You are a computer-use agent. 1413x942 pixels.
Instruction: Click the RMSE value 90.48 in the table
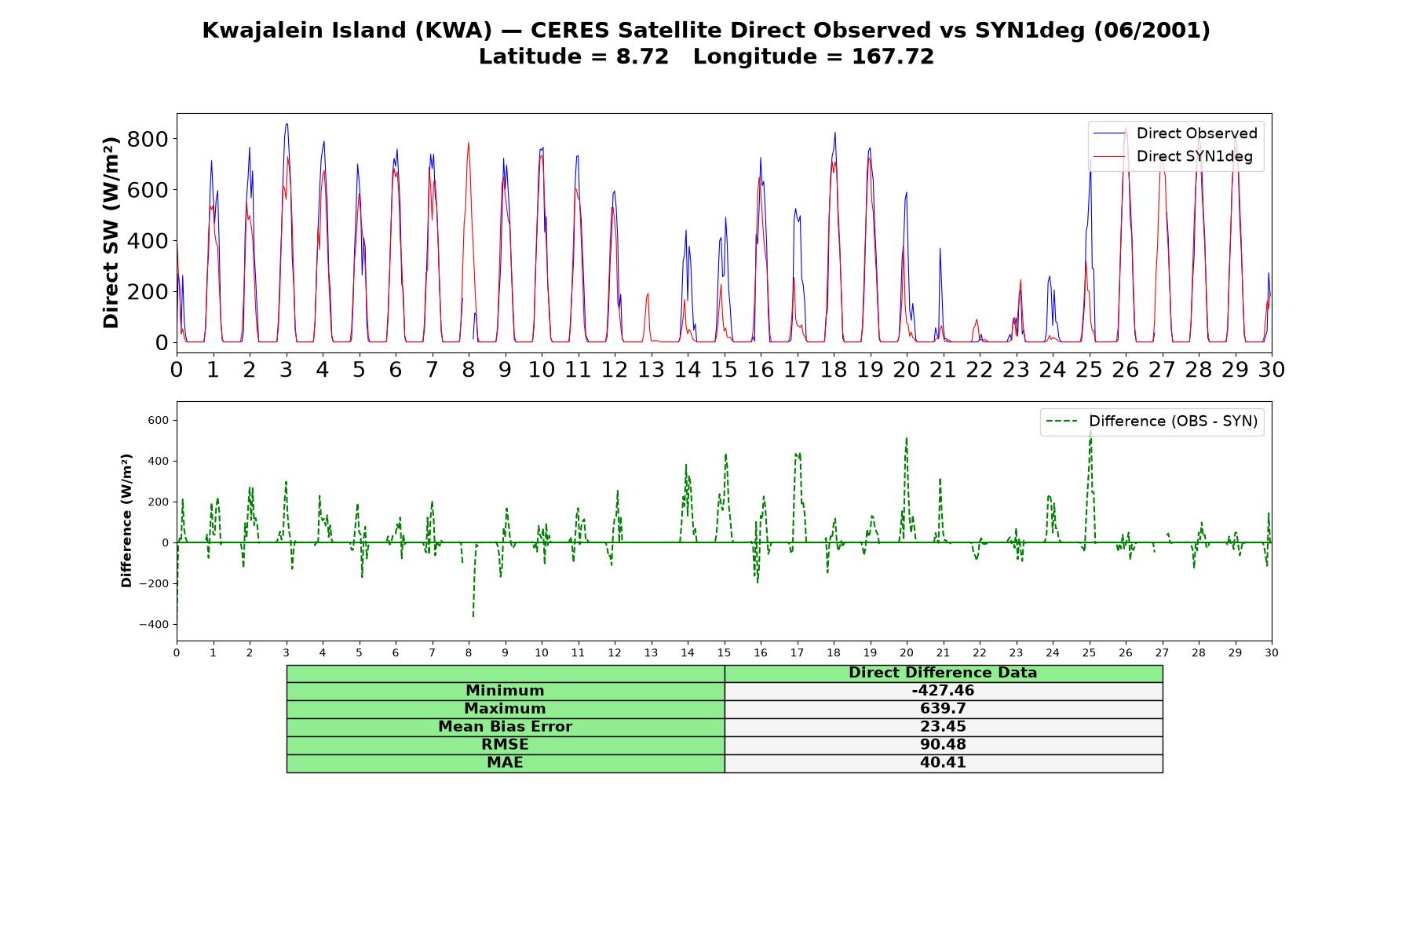[943, 744]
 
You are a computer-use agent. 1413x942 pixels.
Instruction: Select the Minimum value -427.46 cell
[943, 691]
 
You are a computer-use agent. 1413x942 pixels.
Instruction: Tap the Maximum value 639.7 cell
[943, 709]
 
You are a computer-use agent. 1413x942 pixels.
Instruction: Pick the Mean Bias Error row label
[505, 727]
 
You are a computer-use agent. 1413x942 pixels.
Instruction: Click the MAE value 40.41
[943, 762]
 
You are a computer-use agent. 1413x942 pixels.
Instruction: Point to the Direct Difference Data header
[943, 673]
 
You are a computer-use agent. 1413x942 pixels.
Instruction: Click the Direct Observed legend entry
[1175, 133]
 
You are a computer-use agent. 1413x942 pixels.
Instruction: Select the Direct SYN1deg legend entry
[1173, 156]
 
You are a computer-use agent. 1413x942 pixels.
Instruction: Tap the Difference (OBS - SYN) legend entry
[1152, 422]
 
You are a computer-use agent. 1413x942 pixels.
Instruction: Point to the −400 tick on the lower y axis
[154, 625]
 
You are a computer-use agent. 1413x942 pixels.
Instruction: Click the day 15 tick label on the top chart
[724, 370]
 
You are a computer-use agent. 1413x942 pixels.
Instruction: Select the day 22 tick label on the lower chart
[979, 652]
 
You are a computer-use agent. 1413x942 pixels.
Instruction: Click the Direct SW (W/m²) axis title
[111, 232]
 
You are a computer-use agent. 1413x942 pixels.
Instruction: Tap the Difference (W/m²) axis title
[126, 520]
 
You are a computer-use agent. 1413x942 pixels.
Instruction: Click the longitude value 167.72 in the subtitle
[893, 57]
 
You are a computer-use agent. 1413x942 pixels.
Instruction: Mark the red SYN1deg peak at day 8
[469, 143]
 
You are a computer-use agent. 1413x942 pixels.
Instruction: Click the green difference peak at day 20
[906, 439]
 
